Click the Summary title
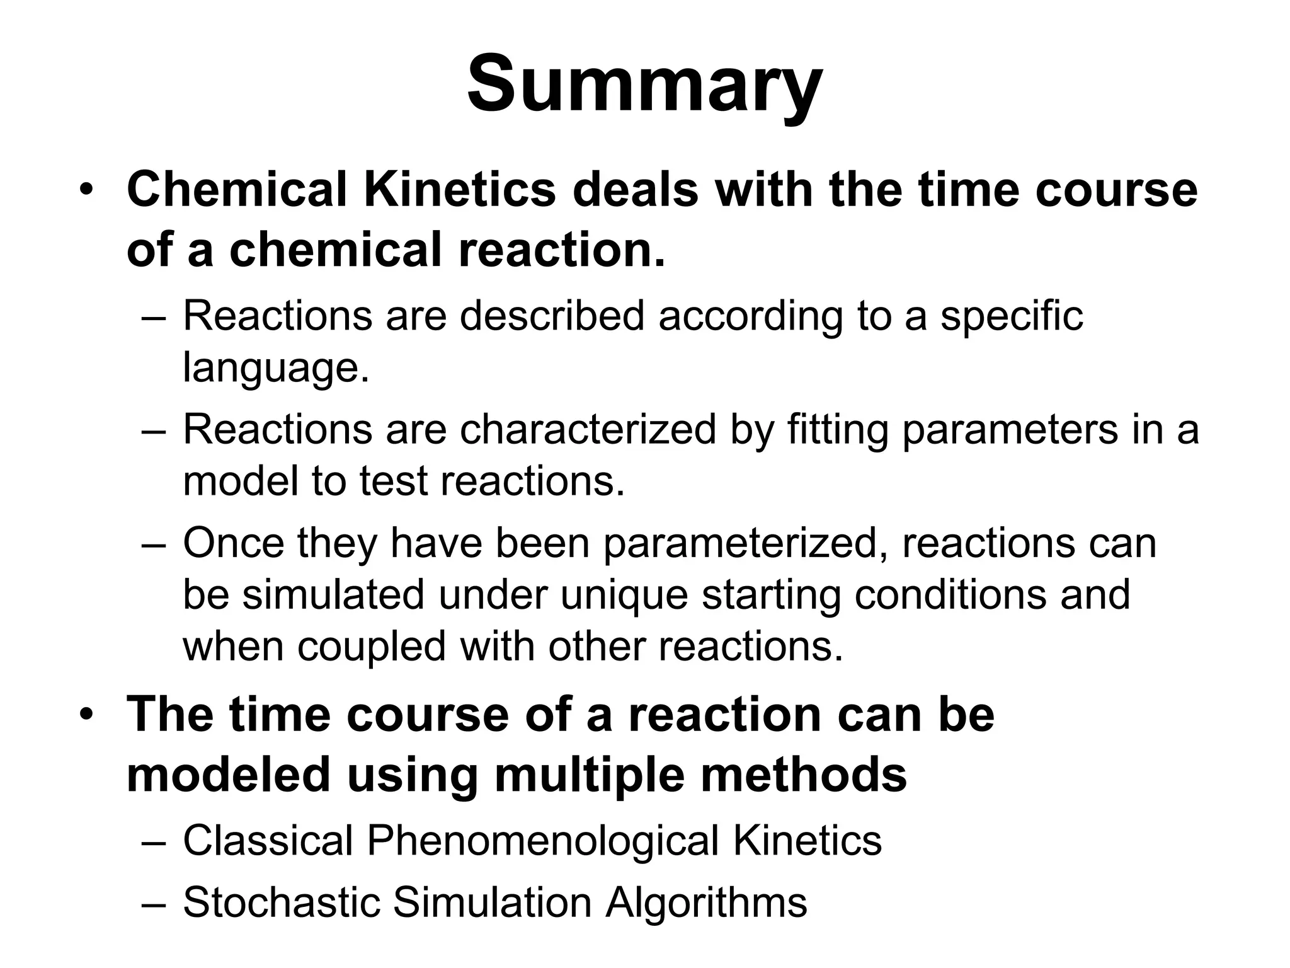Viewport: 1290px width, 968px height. click(x=644, y=85)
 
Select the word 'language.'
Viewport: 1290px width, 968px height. click(x=276, y=367)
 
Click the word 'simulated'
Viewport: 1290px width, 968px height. click(x=333, y=594)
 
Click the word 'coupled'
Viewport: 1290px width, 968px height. click(x=371, y=646)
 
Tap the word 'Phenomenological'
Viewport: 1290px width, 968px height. click(x=542, y=840)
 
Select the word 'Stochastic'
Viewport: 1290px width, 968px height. click(x=281, y=902)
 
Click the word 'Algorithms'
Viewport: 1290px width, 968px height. click(x=706, y=902)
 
